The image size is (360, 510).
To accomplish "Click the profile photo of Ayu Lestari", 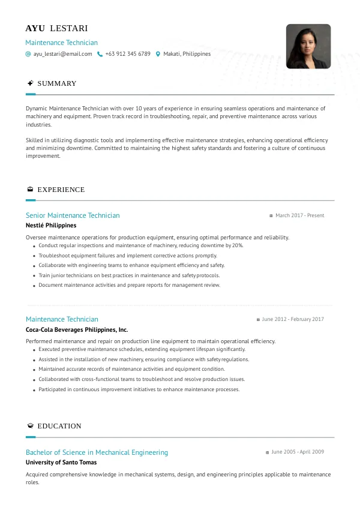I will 308,46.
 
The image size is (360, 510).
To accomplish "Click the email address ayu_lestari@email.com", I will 62,54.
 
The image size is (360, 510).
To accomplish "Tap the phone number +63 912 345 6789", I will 128,54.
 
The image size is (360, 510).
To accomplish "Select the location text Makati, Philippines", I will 187,54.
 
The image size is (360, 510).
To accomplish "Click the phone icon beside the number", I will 100,54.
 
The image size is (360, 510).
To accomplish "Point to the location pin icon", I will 158,54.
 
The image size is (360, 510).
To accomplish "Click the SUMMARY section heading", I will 57,83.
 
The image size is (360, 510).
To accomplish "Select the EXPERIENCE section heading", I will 61,190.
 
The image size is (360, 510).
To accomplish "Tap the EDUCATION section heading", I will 59,426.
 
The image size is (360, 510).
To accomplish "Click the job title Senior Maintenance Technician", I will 73,215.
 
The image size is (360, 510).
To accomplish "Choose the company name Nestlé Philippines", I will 51,226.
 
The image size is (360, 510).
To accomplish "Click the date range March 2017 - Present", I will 299,215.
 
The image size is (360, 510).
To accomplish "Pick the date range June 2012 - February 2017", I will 293,319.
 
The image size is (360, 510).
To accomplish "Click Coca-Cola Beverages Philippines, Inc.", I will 77,329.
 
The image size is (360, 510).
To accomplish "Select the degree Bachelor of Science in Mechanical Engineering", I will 97,452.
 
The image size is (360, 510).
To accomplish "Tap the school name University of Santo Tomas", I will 61,463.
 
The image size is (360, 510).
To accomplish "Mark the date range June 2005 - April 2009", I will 298,452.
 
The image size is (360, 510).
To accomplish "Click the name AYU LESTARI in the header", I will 56,29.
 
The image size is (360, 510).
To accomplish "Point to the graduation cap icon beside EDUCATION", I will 30,426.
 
